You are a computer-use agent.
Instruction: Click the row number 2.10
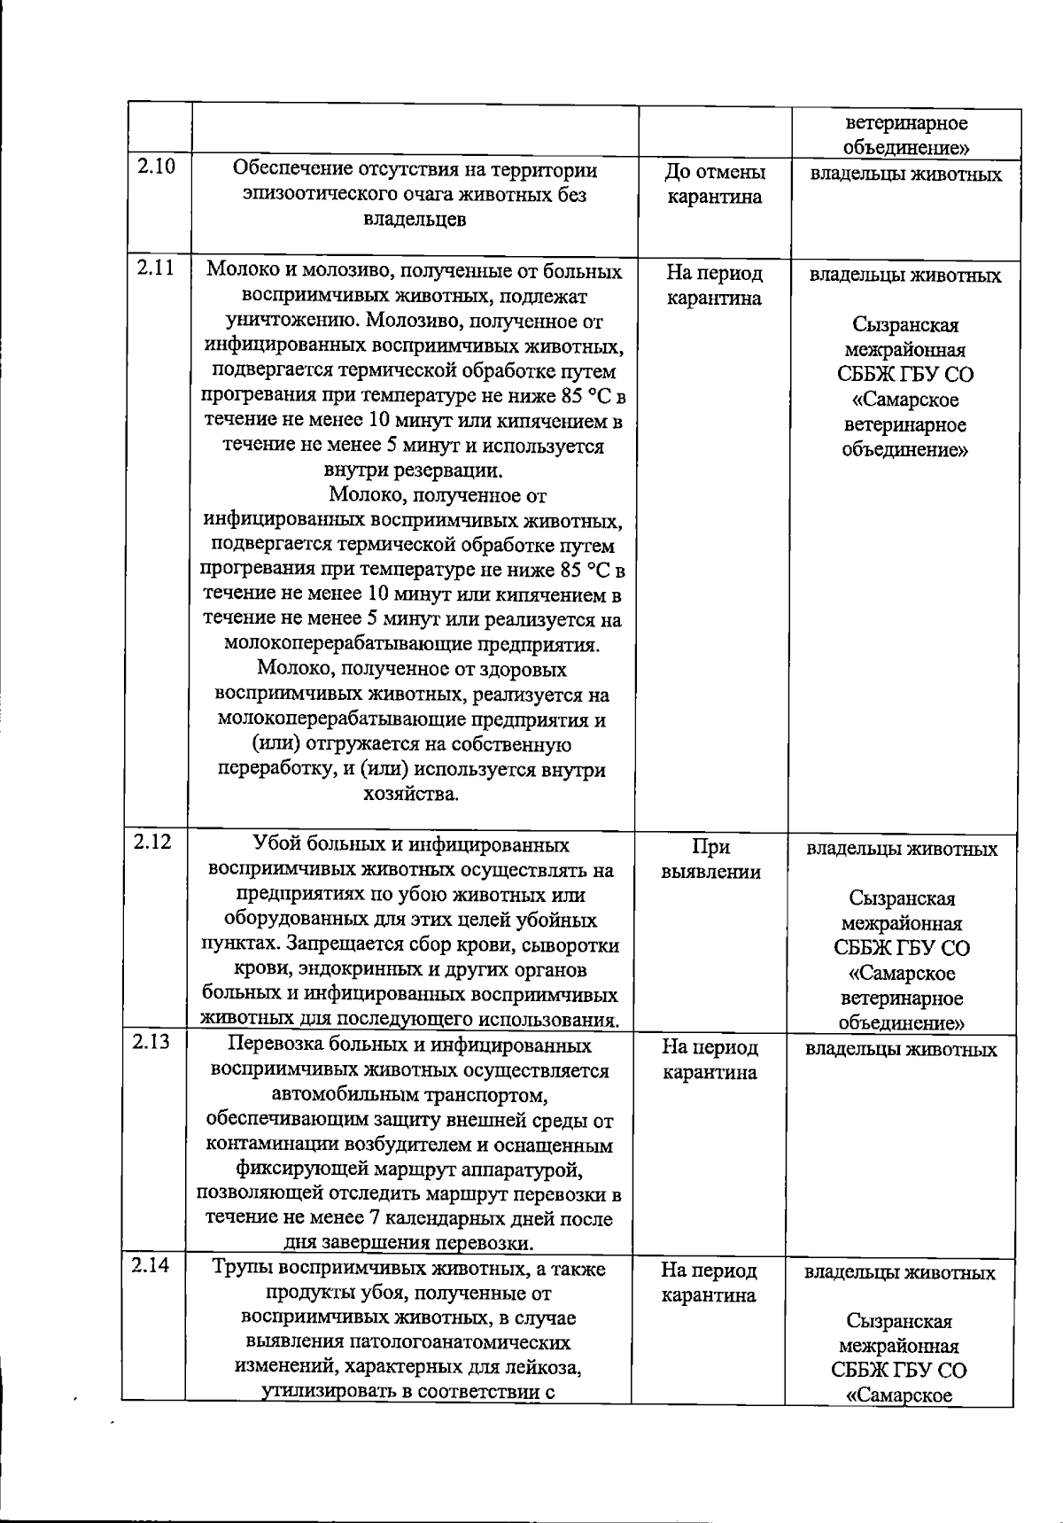pyautogui.click(x=156, y=167)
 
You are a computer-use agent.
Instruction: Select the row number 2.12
pyautogui.click(x=152, y=842)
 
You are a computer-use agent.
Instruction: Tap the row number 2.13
pyautogui.click(x=151, y=1042)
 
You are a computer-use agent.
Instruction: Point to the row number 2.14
pyautogui.click(x=151, y=1266)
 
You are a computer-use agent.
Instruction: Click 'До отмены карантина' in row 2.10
pyautogui.click(x=714, y=184)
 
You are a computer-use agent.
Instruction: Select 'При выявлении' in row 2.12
pyautogui.click(x=710, y=859)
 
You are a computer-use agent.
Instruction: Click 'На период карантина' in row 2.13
pyautogui.click(x=710, y=1060)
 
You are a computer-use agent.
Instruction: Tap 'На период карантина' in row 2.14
pyautogui.click(x=709, y=1283)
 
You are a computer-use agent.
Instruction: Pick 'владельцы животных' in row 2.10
pyautogui.click(x=905, y=175)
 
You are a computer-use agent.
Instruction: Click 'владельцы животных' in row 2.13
pyautogui.click(x=901, y=1050)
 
